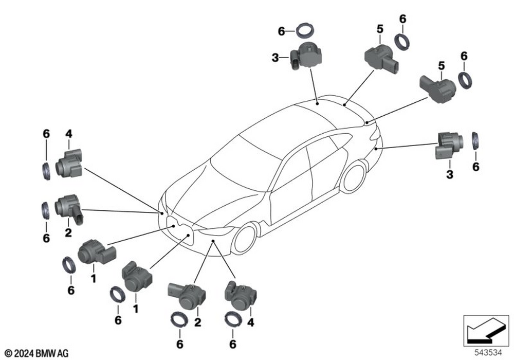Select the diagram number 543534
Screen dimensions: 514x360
coord(488,353)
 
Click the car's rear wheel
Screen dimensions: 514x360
coord(354,177)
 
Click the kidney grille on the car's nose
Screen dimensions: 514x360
coord(179,231)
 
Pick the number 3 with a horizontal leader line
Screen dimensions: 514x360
coord(275,58)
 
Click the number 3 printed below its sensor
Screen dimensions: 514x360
coord(450,174)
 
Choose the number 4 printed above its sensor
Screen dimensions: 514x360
coord(68,134)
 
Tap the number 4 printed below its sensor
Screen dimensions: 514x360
coord(251,322)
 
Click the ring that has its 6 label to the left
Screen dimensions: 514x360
coord(305,30)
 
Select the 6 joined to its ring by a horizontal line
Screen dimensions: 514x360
coord(281,31)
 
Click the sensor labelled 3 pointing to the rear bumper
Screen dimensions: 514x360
coord(448,146)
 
